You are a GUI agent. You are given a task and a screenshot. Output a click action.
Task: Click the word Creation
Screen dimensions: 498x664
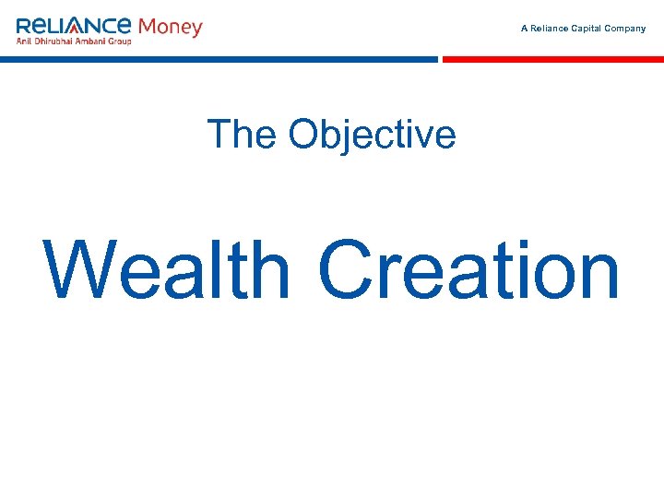pos(468,271)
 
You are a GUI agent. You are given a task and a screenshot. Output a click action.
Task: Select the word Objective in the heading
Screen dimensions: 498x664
pos(372,135)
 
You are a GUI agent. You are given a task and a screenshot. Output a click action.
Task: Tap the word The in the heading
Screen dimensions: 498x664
pos(243,135)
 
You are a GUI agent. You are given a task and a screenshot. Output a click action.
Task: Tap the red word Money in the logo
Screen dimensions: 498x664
pos(170,27)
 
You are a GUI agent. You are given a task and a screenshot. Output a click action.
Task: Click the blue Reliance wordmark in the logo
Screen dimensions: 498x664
pos(74,26)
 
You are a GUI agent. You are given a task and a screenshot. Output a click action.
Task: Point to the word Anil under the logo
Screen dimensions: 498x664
pos(25,41)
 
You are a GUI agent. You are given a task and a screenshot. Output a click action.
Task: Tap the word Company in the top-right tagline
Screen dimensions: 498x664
pos(625,29)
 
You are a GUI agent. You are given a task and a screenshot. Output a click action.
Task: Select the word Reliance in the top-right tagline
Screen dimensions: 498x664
pos(548,29)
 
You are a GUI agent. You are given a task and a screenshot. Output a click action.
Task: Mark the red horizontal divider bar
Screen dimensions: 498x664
pos(553,59)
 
